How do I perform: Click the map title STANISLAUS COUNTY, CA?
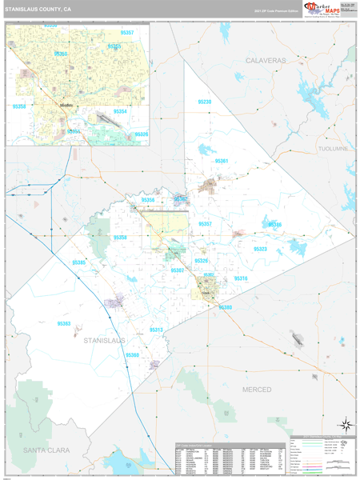pos(38,10)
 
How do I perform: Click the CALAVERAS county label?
pos(265,60)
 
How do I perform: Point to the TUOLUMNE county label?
pos(333,149)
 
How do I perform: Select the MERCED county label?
pos(257,389)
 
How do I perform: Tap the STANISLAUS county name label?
pos(105,340)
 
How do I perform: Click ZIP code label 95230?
pos(204,102)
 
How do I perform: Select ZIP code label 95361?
pos(222,161)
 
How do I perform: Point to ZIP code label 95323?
pos(260,249)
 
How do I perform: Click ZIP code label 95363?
pos(63,323)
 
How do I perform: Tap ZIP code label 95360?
pos(132,354)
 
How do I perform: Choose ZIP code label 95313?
pos(156,330)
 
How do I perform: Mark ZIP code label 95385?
pos(78,262)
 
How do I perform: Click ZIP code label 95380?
pos(226,307)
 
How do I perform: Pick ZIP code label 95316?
pos(240,278)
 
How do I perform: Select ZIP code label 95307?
pos(178,270)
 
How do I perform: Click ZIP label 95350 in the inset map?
pos(19,106)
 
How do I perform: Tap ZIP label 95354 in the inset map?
pos(120,111)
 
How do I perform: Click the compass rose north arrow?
pos(344,424)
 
